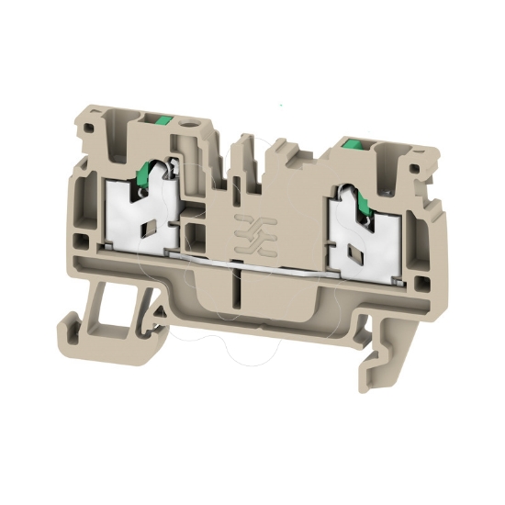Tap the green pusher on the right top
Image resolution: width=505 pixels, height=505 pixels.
tap(349, 142)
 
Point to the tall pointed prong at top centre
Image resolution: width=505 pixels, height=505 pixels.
tap(245, 151)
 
